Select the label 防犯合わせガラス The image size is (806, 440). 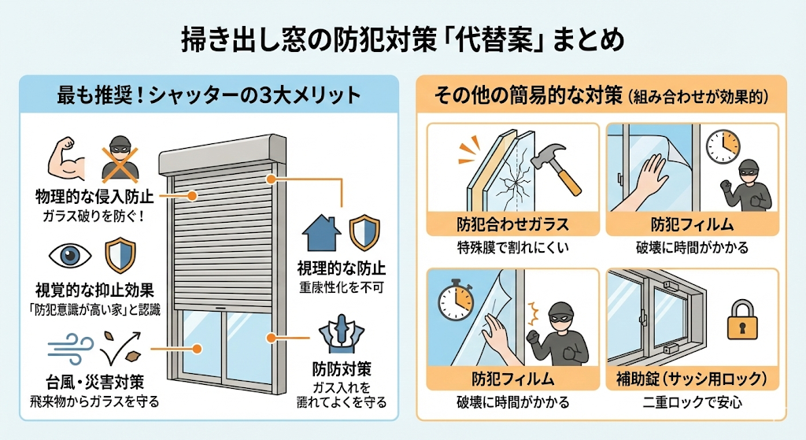click(x=512, y=224)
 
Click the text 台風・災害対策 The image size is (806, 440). click(x=89, y=382)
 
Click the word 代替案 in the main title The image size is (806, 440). click(x=516, y=38)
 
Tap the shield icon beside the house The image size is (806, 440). click(x=363, y=231)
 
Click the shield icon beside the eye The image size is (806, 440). click(x=120, y=255)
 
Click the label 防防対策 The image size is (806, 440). click(x=342, y=368)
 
